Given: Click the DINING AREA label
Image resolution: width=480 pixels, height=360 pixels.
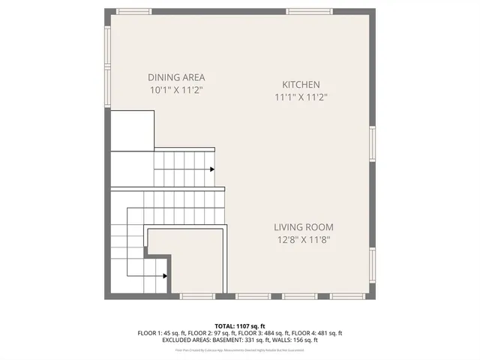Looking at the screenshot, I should point(176,77).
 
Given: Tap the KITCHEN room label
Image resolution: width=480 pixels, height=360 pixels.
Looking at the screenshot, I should point(301,85).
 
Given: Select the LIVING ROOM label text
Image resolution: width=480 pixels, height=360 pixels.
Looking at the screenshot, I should point(303,227).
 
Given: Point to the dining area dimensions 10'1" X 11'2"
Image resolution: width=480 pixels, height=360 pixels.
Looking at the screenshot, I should point(176,90).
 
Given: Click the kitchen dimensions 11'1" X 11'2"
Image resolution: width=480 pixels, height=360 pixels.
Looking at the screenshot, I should point(301,97).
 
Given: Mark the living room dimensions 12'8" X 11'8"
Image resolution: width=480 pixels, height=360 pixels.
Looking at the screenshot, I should point(303,240).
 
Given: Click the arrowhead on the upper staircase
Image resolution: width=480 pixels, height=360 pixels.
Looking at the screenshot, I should point(212,169).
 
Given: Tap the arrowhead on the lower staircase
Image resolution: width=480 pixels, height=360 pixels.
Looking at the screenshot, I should point(165,276).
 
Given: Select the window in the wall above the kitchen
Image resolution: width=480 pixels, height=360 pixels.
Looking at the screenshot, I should point(309,11).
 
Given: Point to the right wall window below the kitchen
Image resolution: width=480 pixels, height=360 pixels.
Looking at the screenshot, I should point(372,144).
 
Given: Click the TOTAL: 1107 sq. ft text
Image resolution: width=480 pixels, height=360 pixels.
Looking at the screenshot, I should point(239,325).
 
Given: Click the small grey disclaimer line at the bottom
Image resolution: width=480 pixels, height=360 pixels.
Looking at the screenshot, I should point(239,349).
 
